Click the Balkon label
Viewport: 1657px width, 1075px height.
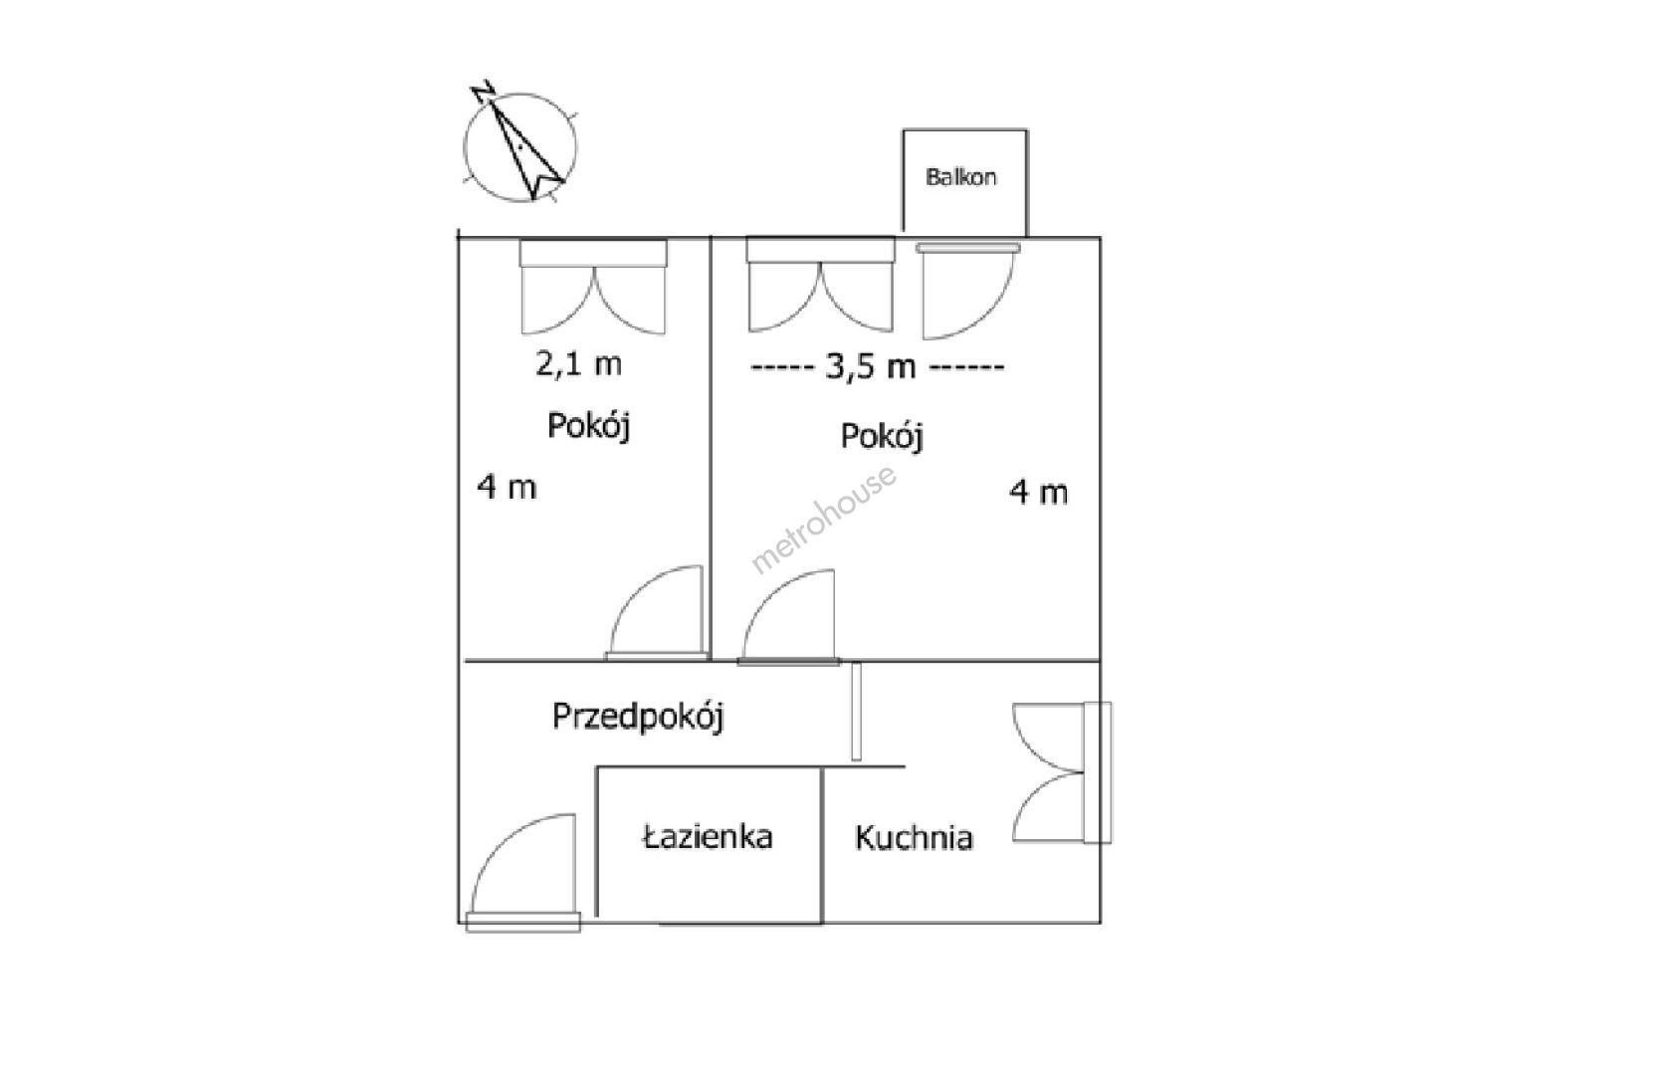pyautogui.click(x=961, y=177)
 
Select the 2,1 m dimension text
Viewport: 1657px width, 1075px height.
pyautogui.click(x=578, y=364)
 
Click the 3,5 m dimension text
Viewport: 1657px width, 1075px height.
pyautogui.click(x=870, y=367)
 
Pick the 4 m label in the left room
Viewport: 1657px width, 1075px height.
pyautogui.click(x=507, y=487)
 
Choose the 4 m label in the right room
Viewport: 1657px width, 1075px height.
pyautogui.click(x=1039, y=492)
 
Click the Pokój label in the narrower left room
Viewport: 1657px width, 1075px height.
pyautogui.click(x=588, y=426)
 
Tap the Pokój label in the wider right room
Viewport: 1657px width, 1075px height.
pyautogui.click(x=882, y=437)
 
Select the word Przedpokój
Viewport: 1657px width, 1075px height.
pyautogui.click(x=638, y=717)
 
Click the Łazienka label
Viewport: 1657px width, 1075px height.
pyautogui.click(x=708, y=837)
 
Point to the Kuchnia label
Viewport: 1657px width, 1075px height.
pyautogui.click(x=914, y=837)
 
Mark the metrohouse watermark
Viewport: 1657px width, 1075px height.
pyautogui.click(x=823, y=518)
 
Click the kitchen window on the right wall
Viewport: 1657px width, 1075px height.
pyautogui.click(x=1097, y=771)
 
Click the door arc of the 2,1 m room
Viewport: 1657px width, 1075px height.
pyautogui.click(x=633, y=592)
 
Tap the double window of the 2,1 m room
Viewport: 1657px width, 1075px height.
pyautogui.click(x=593, y=253)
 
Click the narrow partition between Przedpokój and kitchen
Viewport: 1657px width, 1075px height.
pyautogui.click(x=856, y=712)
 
